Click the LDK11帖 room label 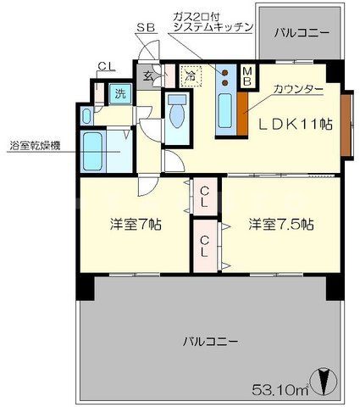(x=296, y=124)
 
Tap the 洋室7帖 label (x=136, y=226)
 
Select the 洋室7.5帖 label (x=281, y=226)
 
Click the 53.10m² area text (x=280, y=390)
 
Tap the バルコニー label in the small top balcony (x=303, y=34)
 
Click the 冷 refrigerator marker (x=191, y=75)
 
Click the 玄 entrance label (x=147, y=76)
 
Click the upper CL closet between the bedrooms (x=205, y=199)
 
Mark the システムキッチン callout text (x=212, y=27)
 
